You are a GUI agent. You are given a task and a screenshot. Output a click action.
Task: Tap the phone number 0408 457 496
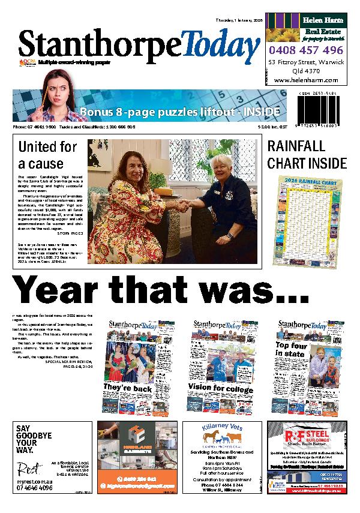pos(306,50)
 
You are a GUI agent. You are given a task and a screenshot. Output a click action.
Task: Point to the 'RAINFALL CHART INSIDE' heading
pos(307,154)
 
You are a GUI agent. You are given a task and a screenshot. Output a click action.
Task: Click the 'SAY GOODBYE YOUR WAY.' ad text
pos(32,439)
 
